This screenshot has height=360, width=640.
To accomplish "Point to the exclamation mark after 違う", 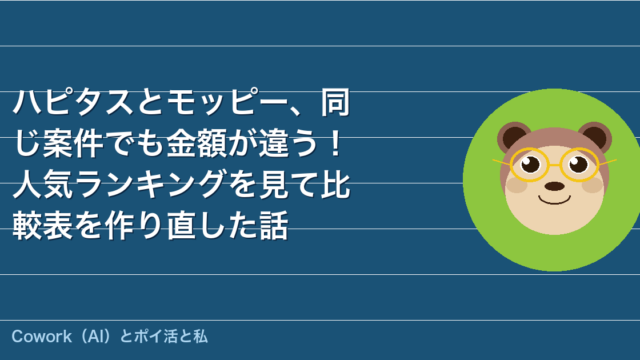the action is (336, 144).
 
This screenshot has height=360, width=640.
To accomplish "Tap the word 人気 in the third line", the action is (43, 184).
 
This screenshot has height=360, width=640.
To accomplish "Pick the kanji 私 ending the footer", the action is (200, 337).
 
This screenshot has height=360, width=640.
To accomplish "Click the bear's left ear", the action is (513, 136).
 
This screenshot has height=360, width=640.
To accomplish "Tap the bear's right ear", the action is (596, 136).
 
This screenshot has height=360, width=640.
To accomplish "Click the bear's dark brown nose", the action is (555, 186).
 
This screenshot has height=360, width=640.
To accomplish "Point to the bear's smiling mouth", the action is (554, 200).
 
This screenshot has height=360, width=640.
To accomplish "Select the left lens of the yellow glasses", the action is (531, 164).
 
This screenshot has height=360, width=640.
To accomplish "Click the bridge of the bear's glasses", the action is (555, 165).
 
